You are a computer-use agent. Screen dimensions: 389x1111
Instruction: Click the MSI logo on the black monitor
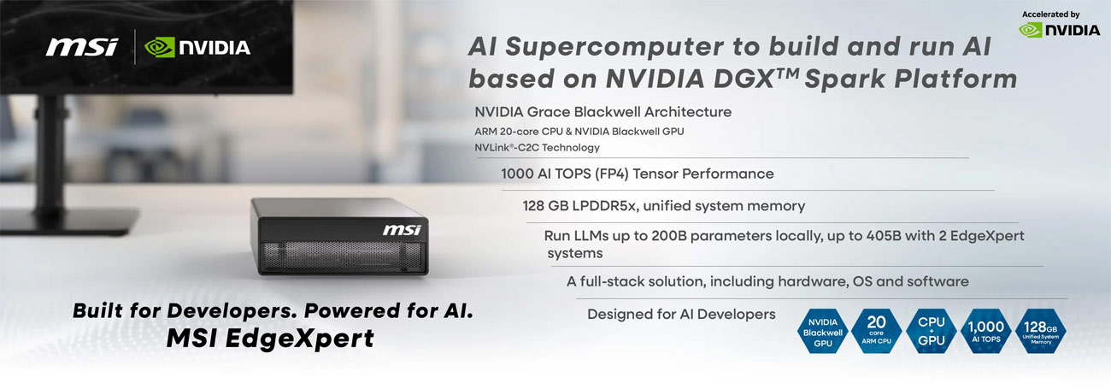coord(82,47)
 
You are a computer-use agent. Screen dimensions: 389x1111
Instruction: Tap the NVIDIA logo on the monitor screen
coord(197,47)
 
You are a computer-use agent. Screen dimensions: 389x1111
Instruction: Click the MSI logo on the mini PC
coord(402,230)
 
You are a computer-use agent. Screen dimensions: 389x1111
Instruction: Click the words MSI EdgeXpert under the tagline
coord(270,339)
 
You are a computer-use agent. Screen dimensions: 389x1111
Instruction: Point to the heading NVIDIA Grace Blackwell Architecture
coord(603,112)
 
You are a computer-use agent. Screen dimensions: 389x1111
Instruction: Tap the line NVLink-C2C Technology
coord(537,147)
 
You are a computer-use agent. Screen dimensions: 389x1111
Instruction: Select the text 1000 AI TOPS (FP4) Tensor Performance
coord(637,174)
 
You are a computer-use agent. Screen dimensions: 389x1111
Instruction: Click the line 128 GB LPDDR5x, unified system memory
coord(663,206)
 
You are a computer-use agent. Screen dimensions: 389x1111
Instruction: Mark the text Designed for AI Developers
coord(681,314)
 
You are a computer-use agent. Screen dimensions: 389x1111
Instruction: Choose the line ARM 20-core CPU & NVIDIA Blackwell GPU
coord(579,131)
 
